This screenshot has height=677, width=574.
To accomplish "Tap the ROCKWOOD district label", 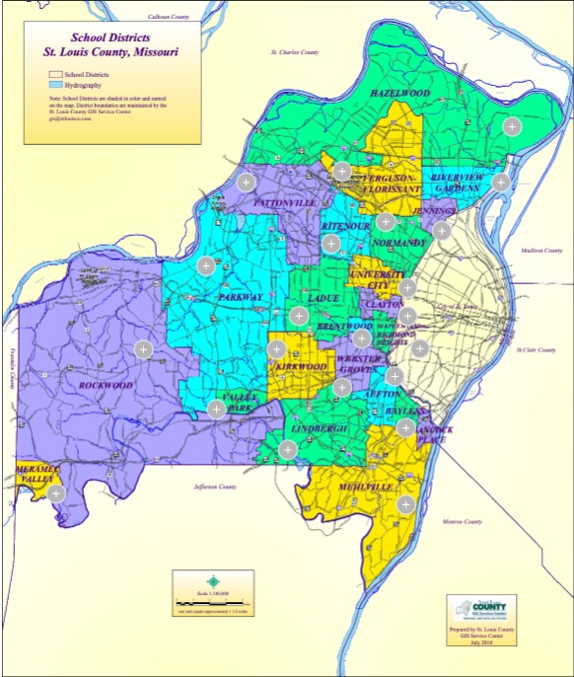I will click(105, 385).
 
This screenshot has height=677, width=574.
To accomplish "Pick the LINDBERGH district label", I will click(318, 429).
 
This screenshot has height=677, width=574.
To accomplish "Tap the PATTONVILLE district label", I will click(284, 203).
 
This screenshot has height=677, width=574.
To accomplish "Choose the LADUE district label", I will click(323, 297).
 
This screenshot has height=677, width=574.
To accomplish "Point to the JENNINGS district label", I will click(436, 211).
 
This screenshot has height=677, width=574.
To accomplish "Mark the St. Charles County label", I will click(296, 51).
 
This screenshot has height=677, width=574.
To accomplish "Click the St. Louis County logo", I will click(480, 608).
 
